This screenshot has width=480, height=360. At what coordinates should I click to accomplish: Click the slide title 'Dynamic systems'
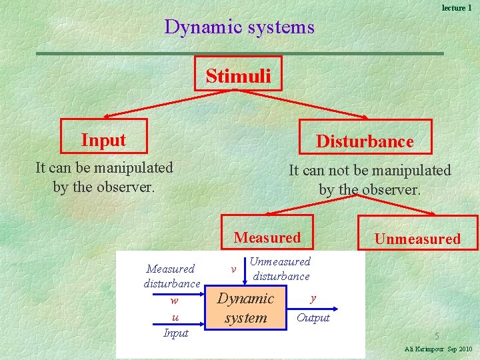coord(239,27)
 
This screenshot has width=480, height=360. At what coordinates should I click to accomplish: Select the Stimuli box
coord(239,75)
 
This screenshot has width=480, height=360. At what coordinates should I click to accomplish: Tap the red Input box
coord(103,140)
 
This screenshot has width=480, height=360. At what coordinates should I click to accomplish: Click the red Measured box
coord(267,237)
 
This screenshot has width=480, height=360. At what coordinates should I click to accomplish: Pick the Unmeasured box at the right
coord(417,239)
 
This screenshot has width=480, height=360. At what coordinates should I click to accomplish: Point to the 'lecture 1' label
coord(457,7)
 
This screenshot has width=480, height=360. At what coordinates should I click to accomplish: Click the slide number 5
coord(437,336)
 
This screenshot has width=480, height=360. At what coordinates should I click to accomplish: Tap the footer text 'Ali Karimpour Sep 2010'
coord(438,349)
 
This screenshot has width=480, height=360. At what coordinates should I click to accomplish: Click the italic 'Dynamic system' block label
coord(246,308)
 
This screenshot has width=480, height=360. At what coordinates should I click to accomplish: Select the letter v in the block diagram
coord(233,269)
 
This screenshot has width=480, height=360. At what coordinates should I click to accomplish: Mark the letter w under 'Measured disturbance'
coord(174,301)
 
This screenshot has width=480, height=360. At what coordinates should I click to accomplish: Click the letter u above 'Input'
coord(175,317)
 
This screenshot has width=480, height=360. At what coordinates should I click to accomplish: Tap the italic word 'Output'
coord(313,318)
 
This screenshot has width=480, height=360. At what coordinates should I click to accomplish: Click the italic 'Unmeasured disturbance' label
coord(281,269)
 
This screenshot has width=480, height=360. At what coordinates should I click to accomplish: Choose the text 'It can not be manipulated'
coord(369,171)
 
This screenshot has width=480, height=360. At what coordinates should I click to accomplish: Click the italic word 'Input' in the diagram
coord(176,333)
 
